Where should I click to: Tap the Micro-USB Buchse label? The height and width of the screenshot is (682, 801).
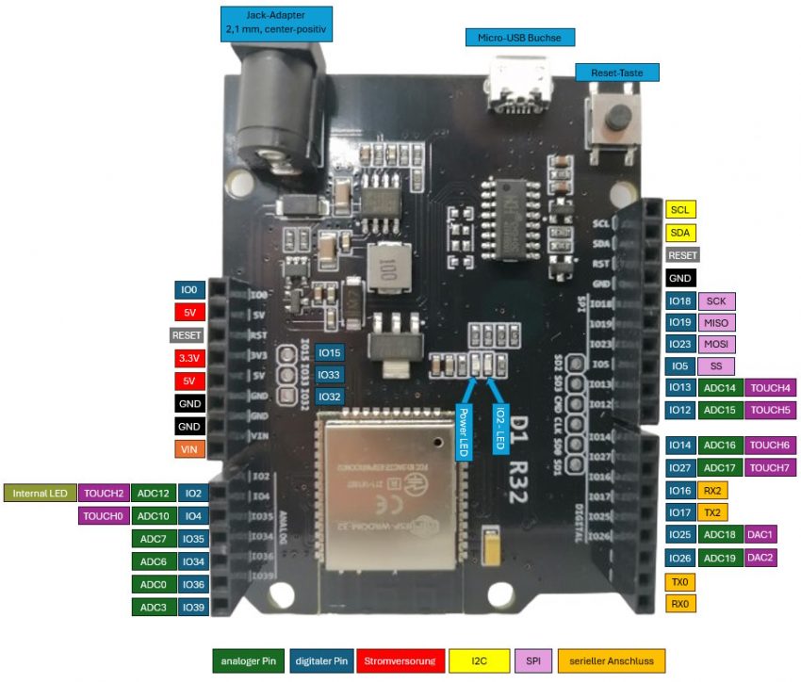pyautogui.click(x=519, y=38)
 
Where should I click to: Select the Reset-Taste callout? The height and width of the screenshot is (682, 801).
pyautogui.click(x=616, y=73)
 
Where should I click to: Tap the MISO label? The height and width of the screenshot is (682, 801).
pyautogui.click(x=716, y=323)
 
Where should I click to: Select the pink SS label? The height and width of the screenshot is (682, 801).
pyautogui.click(x=716, y=365)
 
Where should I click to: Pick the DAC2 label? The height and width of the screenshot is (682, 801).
pyautogui.click(x=760, y=558)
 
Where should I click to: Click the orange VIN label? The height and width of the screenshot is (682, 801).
pyautogui.click(x=188, y=449)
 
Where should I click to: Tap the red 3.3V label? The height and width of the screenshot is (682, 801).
pyautogui.click(x=188, y=358)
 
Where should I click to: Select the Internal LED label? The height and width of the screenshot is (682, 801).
pyautogui.click(x=40, y=493)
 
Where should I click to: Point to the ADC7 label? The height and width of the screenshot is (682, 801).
pyautogui.click(x=153, y=539)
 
